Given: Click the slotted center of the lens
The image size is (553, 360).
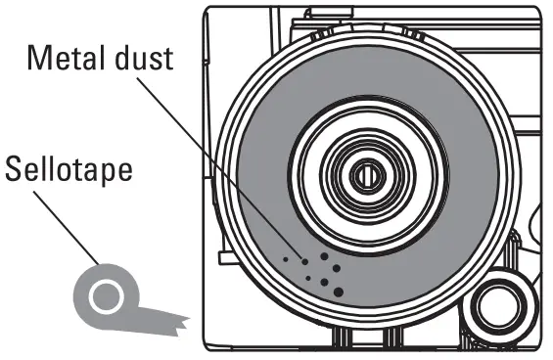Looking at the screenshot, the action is [x=365, y=176].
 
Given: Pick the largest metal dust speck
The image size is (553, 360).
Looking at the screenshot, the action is [x=339, y=291].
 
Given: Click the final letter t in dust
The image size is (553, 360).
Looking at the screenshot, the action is [x=167, y=58].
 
